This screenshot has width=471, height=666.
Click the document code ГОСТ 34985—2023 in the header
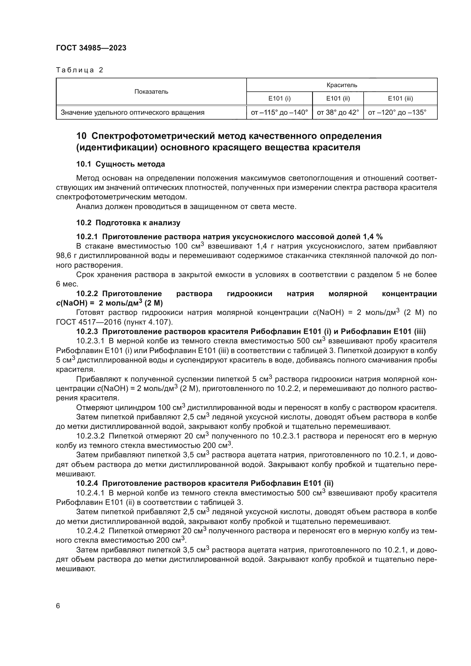click(91, 48)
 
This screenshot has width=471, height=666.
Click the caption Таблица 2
click(79, 70)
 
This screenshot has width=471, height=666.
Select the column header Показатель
click(151, 92)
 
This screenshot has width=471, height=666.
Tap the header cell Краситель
click(342, 85)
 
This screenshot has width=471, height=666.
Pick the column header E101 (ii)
click(338, 98)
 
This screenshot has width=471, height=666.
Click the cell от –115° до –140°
click(279, 112)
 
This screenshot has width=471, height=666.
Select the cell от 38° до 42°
click(338, 112)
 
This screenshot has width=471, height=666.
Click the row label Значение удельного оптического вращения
click(132, 112)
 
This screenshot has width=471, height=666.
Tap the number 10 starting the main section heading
click(81, 136)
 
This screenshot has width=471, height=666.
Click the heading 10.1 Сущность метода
click(120, 164)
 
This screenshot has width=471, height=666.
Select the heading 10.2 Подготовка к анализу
click(128, 223)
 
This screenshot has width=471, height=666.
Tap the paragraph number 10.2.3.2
click(91, 436)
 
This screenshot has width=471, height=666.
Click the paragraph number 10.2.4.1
click(90, 493)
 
